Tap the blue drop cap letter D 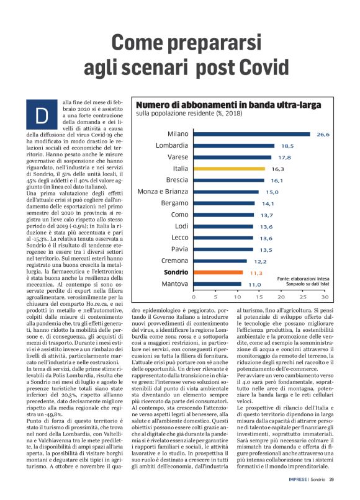[42, 115]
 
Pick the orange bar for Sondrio [214, 272]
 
